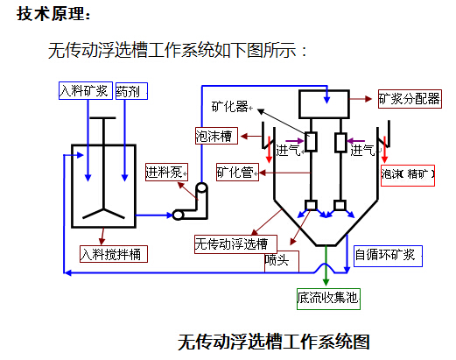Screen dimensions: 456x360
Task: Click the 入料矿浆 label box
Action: tap(86, 91)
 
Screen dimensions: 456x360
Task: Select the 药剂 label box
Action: tap(131, 91)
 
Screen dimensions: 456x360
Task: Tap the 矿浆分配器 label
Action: tap(410, 99)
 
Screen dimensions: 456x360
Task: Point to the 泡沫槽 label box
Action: tap(216, 136)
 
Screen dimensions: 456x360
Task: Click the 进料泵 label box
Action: tap(166, 173)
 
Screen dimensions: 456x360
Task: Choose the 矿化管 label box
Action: tap(237, 173)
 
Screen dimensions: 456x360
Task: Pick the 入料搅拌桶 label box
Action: tap(114, 254)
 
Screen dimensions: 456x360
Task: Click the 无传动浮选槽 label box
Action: tap(235, 244)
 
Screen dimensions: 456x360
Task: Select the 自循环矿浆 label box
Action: tap(388, 256)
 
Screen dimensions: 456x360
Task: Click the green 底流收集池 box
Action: tap(328, 299)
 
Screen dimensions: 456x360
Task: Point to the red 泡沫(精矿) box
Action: tap(408, 175)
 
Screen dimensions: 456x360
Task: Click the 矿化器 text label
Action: tap(229, 107)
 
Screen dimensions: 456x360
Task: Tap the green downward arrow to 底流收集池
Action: tap(326, 265)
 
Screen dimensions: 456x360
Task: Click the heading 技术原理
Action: tap(53, 14)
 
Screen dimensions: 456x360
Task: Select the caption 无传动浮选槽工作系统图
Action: tap(274, 342)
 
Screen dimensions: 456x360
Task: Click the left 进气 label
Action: tap(288, 151)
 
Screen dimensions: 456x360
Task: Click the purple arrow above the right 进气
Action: tap(356, 141)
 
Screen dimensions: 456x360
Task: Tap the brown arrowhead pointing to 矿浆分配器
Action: tap(368, 99)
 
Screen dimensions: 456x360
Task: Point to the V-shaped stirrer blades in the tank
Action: tap(103, 214)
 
